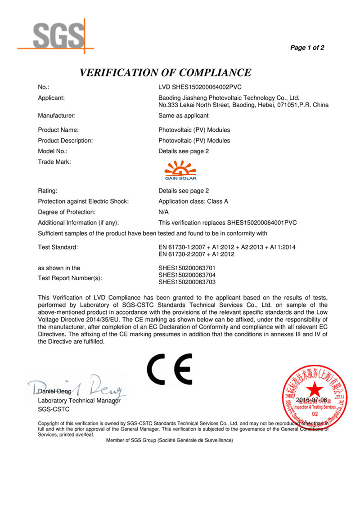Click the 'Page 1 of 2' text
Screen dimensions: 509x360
tap(307, 48)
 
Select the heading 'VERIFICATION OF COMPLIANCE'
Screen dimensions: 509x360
tap(165, 72)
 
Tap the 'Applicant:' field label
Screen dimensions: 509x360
tap(52, 98)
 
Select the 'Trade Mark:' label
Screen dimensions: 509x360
tap(54, 162)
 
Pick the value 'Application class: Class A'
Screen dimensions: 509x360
tap(193, 201)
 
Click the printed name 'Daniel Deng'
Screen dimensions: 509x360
tap(55, 392)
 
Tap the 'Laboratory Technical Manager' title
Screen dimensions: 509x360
tap(79, 401)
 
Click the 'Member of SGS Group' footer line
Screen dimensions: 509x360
tap(169, 441)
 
